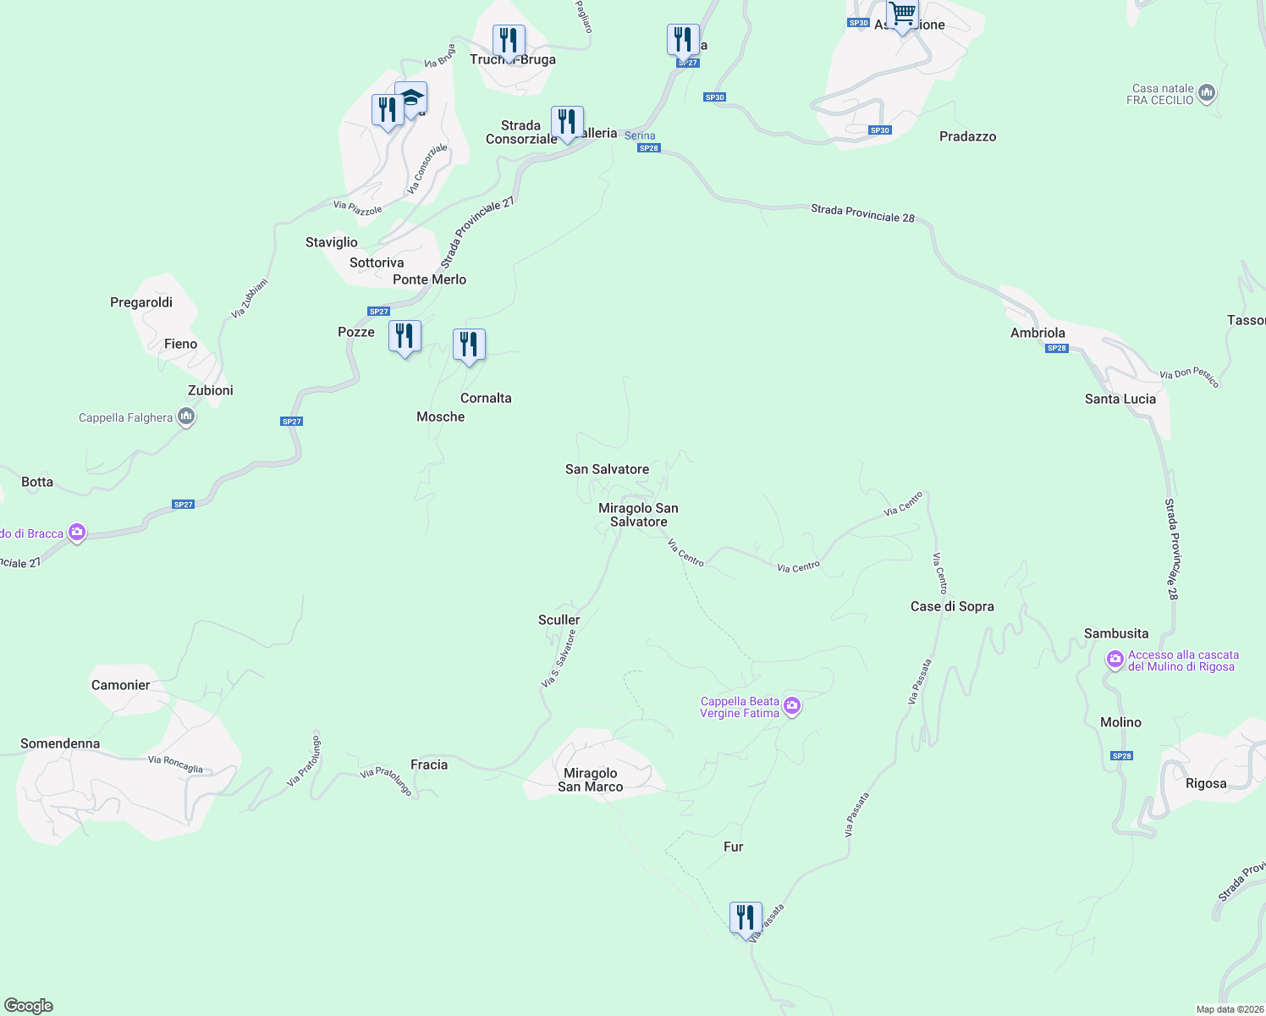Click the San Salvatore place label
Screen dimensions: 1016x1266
(x=607, y=469)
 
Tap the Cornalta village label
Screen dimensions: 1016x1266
(x=486, y=398)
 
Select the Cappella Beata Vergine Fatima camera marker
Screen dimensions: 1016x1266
(x=792, y=706)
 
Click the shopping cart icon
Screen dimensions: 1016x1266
(x=903, y=14)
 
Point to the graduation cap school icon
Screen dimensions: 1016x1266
(x=411, y=98)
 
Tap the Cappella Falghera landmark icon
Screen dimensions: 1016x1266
(x=186, y=417)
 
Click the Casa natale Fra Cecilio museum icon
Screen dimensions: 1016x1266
(x=1207, y=92)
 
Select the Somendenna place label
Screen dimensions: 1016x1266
(x=60, y=743)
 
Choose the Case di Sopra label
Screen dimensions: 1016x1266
(x=952, y=606)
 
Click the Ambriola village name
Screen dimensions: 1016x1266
(x=1038, y=333)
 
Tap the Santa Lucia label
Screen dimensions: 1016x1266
(x=1120, y=399)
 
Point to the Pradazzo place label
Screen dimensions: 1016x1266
(x=967, y=136)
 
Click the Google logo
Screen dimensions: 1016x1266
(x=29, y=1006)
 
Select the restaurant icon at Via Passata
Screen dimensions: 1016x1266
(x=746, y=918)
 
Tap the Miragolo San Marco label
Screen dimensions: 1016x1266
(x=590, y=780)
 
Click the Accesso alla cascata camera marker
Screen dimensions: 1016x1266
(x=1115, y=659)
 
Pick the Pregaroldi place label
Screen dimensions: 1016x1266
(x=141, y=302)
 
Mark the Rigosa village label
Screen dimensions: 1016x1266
(x=1206, y=783)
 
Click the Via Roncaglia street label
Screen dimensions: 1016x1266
(x=175, y=764)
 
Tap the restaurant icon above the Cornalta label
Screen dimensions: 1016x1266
(x=469, y=345)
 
